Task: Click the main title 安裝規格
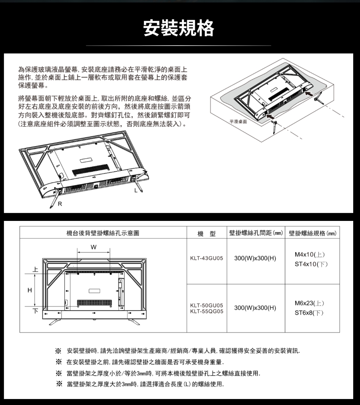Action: pos(178,28)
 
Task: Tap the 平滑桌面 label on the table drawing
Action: pos(238,121)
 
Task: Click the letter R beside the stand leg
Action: pos(60,204)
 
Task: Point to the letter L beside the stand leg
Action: pos(136,190)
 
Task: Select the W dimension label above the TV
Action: pos(94,247)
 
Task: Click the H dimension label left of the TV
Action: pos(30,290)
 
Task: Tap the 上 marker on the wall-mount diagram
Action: pos(35,270)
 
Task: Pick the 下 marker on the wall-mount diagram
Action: pos(35,311)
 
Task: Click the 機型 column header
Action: pos(206,234)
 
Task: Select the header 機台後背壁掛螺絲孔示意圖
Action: pos(103,233)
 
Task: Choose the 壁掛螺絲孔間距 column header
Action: pos(256,233)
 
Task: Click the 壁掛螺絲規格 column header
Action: pos(312,233)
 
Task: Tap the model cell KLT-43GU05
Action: pos(206,258)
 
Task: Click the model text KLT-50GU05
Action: pos(206,305)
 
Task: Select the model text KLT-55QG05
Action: pos(206,311)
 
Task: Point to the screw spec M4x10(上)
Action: pos(310,255)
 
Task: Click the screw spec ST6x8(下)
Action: pos(309,313)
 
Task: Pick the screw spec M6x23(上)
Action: pos(309,303)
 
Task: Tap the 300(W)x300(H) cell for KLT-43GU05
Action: pos(255,258)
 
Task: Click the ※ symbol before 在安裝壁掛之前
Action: pos(59,362)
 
